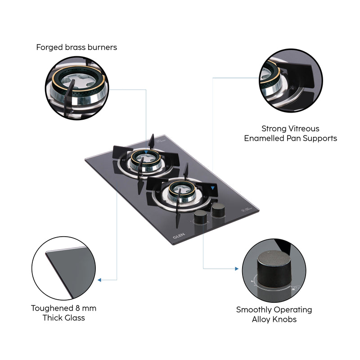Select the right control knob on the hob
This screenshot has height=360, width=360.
point(219,209)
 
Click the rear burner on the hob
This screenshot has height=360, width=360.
point(146,160)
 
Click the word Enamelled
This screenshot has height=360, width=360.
point(266,139)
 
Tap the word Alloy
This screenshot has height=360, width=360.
point(262,319)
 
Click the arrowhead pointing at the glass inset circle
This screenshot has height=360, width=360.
point(100,280)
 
